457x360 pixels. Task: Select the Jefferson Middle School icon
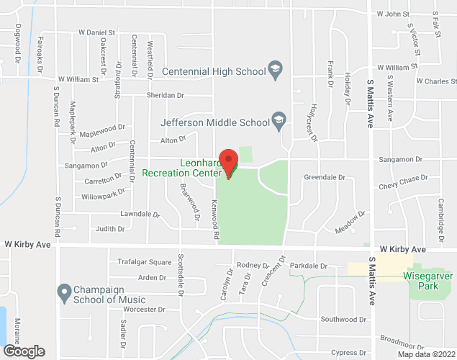(x=278, y=120)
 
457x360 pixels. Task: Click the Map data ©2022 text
(x=426, y=354)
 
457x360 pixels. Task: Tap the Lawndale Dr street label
(x=140, y=214)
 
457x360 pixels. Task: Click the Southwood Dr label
(x=343, y=319)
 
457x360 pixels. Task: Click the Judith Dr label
(x=110, y=229)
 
